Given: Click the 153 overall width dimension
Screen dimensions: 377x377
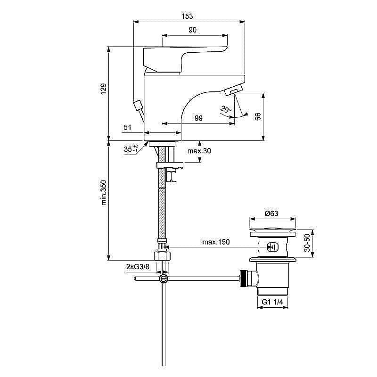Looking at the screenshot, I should pos(187,16).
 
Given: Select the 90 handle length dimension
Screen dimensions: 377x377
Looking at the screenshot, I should pos(192,30).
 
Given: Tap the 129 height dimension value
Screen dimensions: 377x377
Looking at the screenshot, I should pos(103,89).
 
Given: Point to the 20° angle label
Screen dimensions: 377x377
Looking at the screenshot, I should pos(226,110).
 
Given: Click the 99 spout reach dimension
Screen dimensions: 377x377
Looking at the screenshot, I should pos(198,118).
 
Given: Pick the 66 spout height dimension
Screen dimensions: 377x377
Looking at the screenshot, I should pos(258,117).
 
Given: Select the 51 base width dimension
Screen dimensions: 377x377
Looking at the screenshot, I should pos(127,127).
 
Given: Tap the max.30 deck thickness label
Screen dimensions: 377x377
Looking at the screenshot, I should pos(199,151).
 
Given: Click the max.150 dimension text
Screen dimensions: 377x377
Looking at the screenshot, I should pos(216,242).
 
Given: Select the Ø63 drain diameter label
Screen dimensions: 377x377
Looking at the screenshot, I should pos(271,213).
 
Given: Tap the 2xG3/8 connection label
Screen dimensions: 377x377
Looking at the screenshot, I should pos(138,267).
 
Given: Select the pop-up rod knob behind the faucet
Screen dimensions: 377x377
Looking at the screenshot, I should pos(138,105).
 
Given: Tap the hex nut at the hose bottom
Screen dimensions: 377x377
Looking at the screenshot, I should pos(163,256).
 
